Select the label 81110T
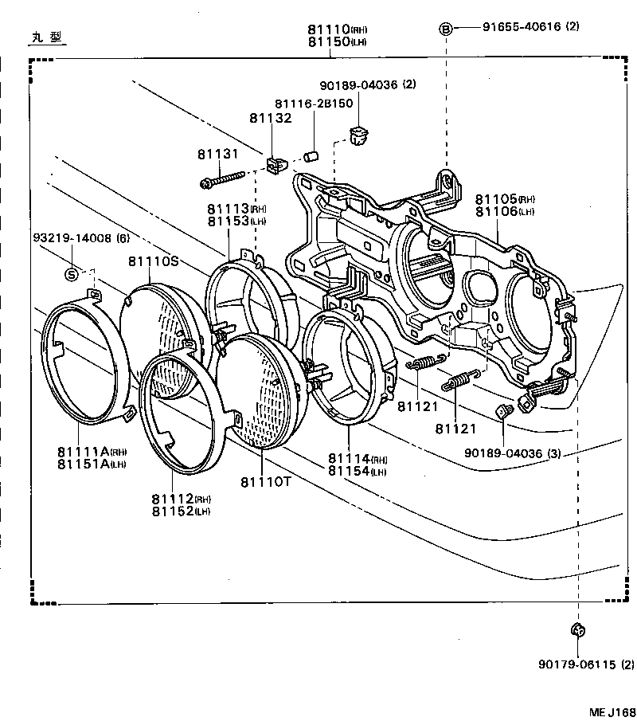(263, 482)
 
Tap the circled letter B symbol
(446, 29)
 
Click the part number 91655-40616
(520, 26)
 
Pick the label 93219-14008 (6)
(81, 238)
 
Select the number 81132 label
(271, 118)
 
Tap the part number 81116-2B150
(314, 104)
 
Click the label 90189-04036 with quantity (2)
(368, 84)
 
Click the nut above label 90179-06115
(579, 630)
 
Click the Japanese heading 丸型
(46, 37)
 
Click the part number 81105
(495, 198)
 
